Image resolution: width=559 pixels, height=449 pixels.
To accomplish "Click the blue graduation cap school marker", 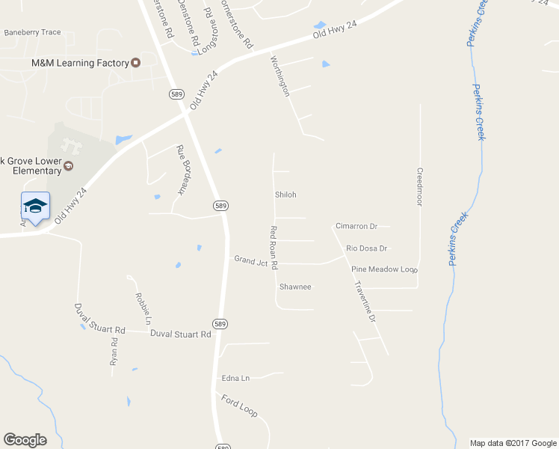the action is pyautogui.click(x=35, y=206).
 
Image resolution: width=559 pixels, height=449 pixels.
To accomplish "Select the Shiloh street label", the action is pyautogui.click(x=286, y=195).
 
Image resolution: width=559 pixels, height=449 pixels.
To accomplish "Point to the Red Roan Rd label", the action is pyautogui.click(x=274, y=247).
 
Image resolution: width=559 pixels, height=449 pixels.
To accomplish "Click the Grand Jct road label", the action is pyautogui.click(x=251, y=260).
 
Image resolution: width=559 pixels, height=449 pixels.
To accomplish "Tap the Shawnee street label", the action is pyautogui.click(x=295, y=287).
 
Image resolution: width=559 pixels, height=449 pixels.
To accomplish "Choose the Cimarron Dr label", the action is pyautogui.click(x=357, y=226).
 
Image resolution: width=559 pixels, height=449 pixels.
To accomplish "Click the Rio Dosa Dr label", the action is pyautogui.click(x=366, y=248).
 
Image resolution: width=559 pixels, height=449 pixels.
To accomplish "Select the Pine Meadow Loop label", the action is pyautogui.click(x=384, y=269).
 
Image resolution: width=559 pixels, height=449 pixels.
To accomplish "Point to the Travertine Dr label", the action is pyautogui.click(x=365, y=302).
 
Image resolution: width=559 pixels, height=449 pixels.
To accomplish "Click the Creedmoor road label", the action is pyautogui.click(x=420, y=186).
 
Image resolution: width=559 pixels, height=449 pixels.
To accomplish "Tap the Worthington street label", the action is pyautogui.click(x=280, y=76).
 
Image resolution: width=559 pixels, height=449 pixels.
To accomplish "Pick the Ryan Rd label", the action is pyautogui.click(x=114, y=352).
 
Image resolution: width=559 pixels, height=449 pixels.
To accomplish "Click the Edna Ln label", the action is pyautogui.click(x=235, y=378).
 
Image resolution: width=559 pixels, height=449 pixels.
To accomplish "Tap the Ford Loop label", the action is pyautogui.click(x=239, y=406).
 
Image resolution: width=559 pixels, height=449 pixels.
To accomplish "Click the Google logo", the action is pyautogui.click(x=25, y=440).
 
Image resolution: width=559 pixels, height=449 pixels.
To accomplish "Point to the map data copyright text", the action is pyautogui.click(x=513, y=443).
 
